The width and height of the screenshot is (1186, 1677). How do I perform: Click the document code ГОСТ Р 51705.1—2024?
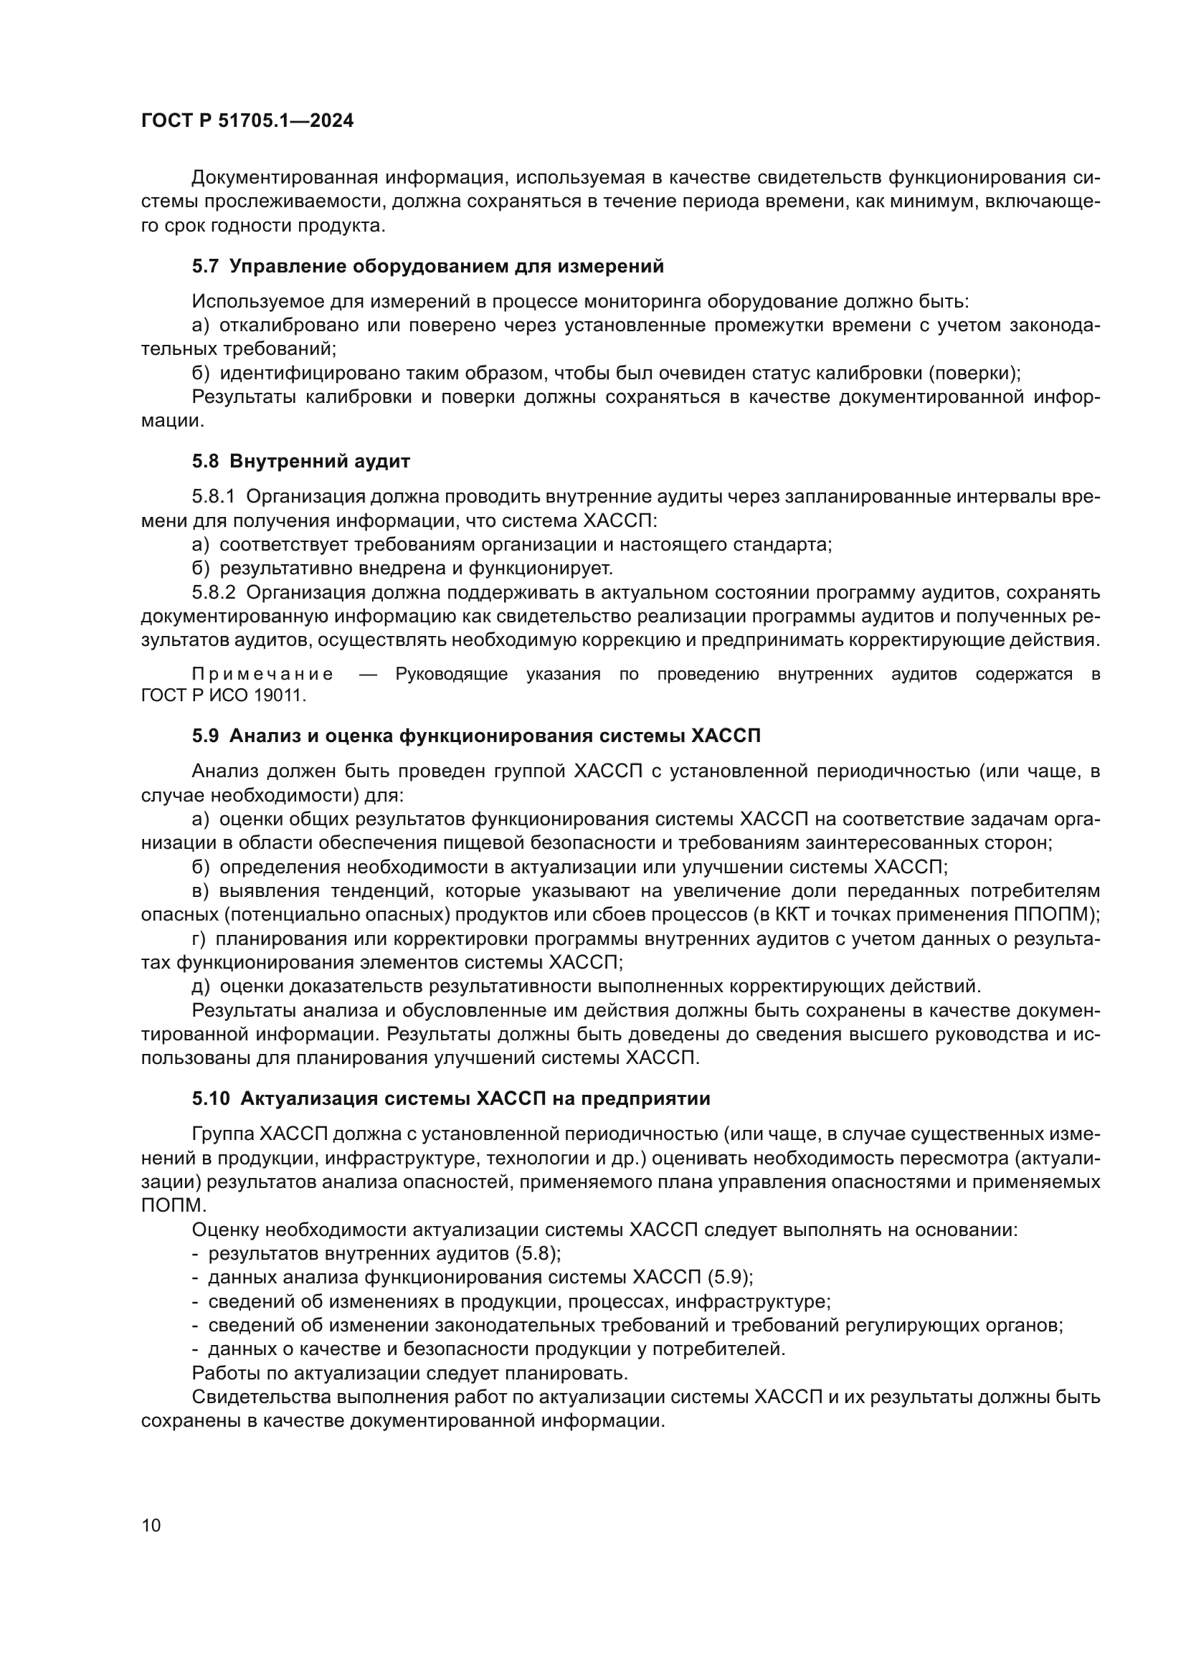(247, 121)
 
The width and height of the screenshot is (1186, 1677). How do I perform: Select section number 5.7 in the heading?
(205, 267)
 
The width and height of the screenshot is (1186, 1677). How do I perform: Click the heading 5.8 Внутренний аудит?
(301, 462)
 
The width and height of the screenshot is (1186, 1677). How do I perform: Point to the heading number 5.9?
(205, 736)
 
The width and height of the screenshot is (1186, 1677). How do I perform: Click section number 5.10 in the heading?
(210, 1099)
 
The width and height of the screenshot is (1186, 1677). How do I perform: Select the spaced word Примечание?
(263, 674)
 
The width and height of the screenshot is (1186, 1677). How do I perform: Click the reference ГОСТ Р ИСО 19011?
(224, 695)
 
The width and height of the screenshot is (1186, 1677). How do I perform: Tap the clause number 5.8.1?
(213, 498)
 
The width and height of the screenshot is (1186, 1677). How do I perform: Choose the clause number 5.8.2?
(213, 592)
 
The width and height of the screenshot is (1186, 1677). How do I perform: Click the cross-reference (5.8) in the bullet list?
(539, 1254)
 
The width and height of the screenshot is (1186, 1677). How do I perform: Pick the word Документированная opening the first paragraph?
(284, 179)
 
